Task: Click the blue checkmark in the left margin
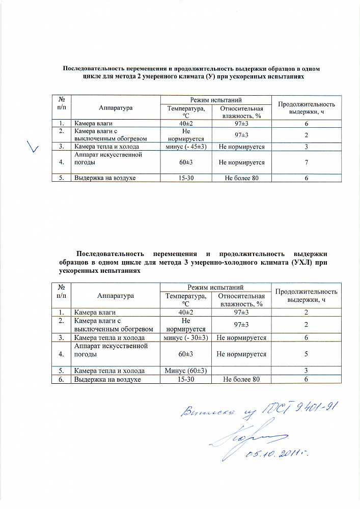tap(33, 147)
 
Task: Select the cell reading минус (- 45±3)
tap(186, 147)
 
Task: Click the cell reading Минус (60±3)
tap(186, 371)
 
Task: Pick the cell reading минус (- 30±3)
tap(186, 337)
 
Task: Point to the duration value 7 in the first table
tap(307, 163)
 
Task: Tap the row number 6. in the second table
tap(61, 379)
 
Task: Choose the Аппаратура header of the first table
tap(116, 108)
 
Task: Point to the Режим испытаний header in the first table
tap(215, 99)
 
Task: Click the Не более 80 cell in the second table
tap(241, 379)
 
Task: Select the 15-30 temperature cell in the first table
tap(186, 178)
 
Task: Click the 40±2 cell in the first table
tap(186, 123)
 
